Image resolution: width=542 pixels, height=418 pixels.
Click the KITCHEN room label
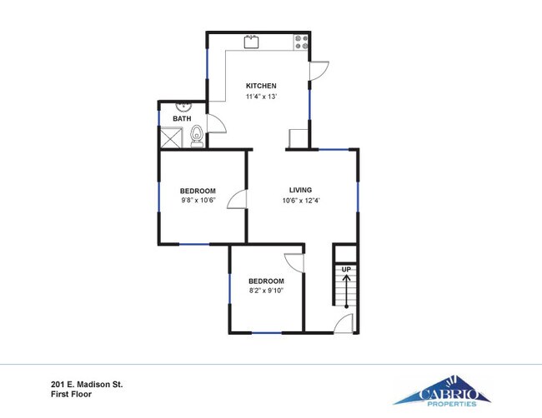[261, 86]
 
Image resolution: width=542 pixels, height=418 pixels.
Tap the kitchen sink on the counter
[252, 42]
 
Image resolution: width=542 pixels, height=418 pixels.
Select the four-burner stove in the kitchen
[301, 42]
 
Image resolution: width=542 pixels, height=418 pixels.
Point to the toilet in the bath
[197, 136]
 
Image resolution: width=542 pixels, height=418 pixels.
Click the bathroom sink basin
[183, 107]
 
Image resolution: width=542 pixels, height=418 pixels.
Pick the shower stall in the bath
[172, 137]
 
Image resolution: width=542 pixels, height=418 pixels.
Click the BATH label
[182, 119]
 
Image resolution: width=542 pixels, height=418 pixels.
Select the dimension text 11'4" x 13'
[261, 97]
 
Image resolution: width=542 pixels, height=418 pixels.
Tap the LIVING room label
[300, 190]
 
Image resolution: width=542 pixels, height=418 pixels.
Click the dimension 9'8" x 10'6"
[198, 201]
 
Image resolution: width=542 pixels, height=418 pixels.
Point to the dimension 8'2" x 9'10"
[266, 291]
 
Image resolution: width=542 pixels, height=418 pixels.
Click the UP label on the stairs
[346, 269]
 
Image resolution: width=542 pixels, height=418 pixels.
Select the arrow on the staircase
[346, 291]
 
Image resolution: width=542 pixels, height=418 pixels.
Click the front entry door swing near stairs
[343, 323]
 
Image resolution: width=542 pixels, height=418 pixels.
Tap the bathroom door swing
[217, 123]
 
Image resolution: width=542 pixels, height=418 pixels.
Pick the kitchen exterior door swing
[319, 71]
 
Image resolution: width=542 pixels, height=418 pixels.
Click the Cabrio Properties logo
[442, 391]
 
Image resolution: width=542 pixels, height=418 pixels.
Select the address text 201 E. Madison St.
[87, 384]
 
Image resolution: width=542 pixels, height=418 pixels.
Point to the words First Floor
[71, 394]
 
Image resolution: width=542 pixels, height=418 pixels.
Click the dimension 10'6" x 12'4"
[301, 201]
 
